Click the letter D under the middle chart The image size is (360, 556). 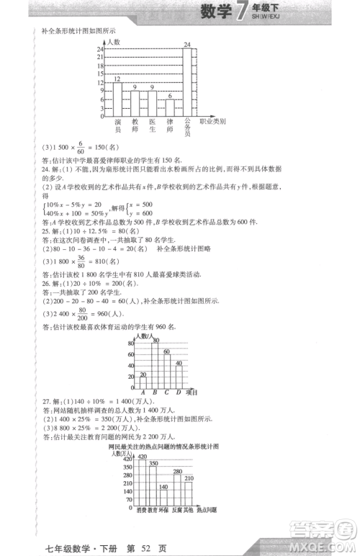[x=178, y=393]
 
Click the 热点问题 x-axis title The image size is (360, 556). [x=208, y=511]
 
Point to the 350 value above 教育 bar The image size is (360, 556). [x=153, y=462]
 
